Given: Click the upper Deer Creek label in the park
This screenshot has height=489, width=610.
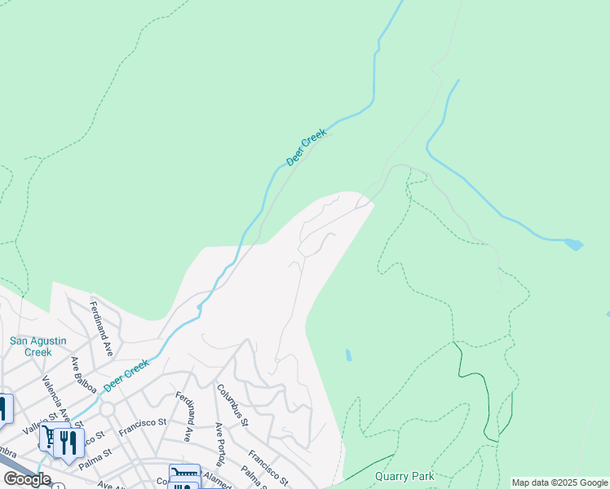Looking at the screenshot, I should [x=307, y=148].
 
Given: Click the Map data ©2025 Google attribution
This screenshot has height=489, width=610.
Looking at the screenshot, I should [x=559, y=483].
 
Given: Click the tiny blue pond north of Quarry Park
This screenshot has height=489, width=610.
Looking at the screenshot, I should [x=348, y=355].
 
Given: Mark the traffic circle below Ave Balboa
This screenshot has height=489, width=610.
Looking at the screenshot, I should [x=106, y=408].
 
